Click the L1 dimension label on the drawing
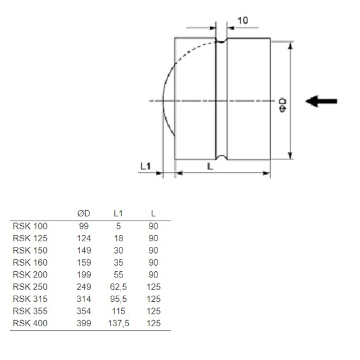145,166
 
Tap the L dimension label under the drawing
209,167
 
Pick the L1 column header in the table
118,214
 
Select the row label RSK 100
30,226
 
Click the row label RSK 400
30,323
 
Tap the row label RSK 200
30,274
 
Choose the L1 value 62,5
118,287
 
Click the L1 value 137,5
118,323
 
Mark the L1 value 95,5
118,299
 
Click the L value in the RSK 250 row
153,287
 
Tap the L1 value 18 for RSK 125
118,238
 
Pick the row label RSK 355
30,311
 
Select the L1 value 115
118,311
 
